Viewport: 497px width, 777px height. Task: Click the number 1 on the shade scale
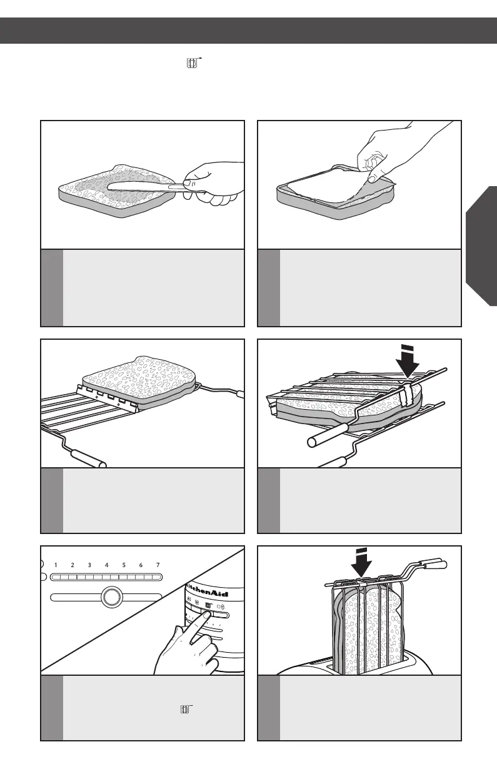(x=56, y=565)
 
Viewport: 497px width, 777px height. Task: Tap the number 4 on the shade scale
(x=107, y=565)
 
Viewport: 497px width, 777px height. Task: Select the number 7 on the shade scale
(x=158, y=565)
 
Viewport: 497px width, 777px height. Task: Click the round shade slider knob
(x=111, y=597)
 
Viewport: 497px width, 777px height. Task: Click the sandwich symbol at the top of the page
(x=193, y=63)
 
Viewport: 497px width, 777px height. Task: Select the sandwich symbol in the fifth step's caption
(x=185, y=710)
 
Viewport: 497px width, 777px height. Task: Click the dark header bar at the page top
(x=248, y=30)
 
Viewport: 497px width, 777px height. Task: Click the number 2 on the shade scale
(x=73, y=565)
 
